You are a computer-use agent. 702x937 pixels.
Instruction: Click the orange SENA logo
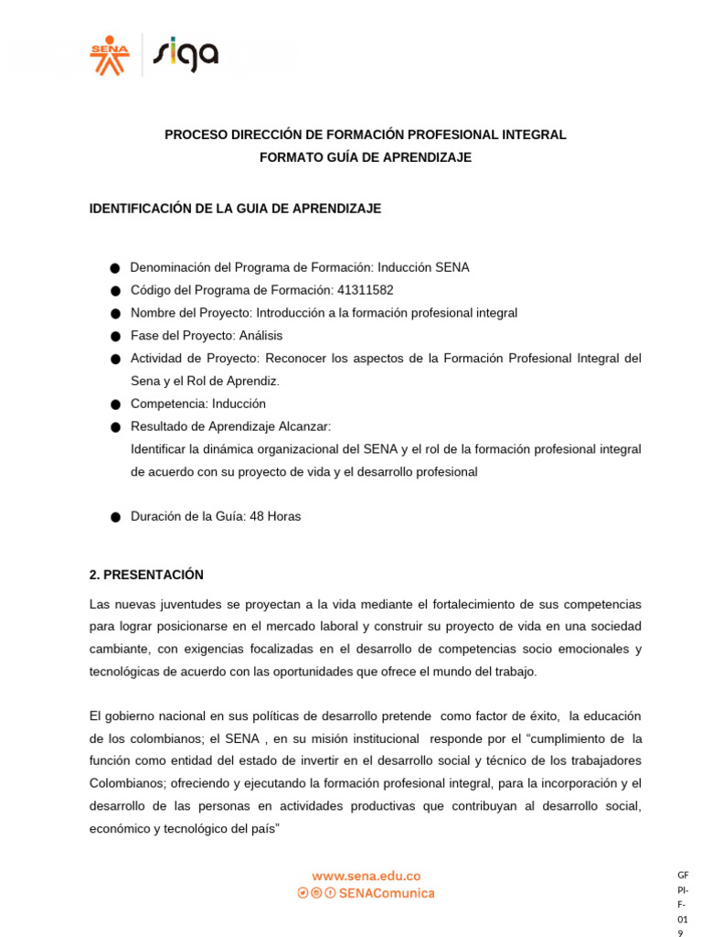tap(110, 54)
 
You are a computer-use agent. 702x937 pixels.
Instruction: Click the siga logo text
tap(186, 54)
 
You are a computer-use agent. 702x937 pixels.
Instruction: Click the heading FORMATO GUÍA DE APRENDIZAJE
tap(366, 157)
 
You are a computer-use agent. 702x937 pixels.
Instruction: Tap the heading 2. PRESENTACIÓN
tap(146, 575)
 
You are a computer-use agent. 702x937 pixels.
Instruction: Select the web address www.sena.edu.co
tap(366, 876)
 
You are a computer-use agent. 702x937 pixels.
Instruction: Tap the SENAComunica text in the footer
tap(387, 893)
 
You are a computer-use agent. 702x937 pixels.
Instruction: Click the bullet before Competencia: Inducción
tap(115, 404)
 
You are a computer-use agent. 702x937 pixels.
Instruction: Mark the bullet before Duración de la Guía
tap(115, 517)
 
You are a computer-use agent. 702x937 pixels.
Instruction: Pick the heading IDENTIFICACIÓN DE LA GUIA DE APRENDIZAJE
tap(235, 209)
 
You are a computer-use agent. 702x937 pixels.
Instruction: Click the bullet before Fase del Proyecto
tap(115, 337)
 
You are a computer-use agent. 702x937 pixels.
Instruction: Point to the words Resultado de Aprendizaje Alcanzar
tap(230, 426)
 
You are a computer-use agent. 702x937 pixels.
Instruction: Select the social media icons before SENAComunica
tap(316, 893)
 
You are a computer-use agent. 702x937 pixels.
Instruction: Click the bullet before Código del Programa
tap(115, 291)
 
